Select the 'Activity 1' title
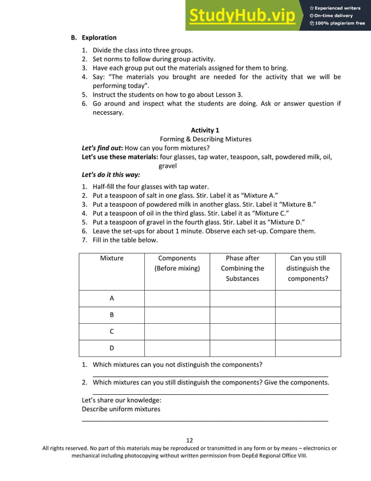coord(205,130)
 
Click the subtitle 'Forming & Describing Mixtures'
coord(205,139)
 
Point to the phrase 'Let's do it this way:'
coord(110,175)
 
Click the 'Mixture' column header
coord(112,258)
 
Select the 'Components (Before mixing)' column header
coord(177,263)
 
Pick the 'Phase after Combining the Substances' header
coord(242,268)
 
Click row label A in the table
coord(112,298)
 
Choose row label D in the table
coord(112,348)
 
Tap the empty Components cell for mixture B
coord(177,315)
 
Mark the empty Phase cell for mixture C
coord(242,331)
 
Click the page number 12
coord(189,440)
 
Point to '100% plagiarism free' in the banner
coord(340,23)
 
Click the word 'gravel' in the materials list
coord(167,166)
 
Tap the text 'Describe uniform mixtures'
coord(121,409)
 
